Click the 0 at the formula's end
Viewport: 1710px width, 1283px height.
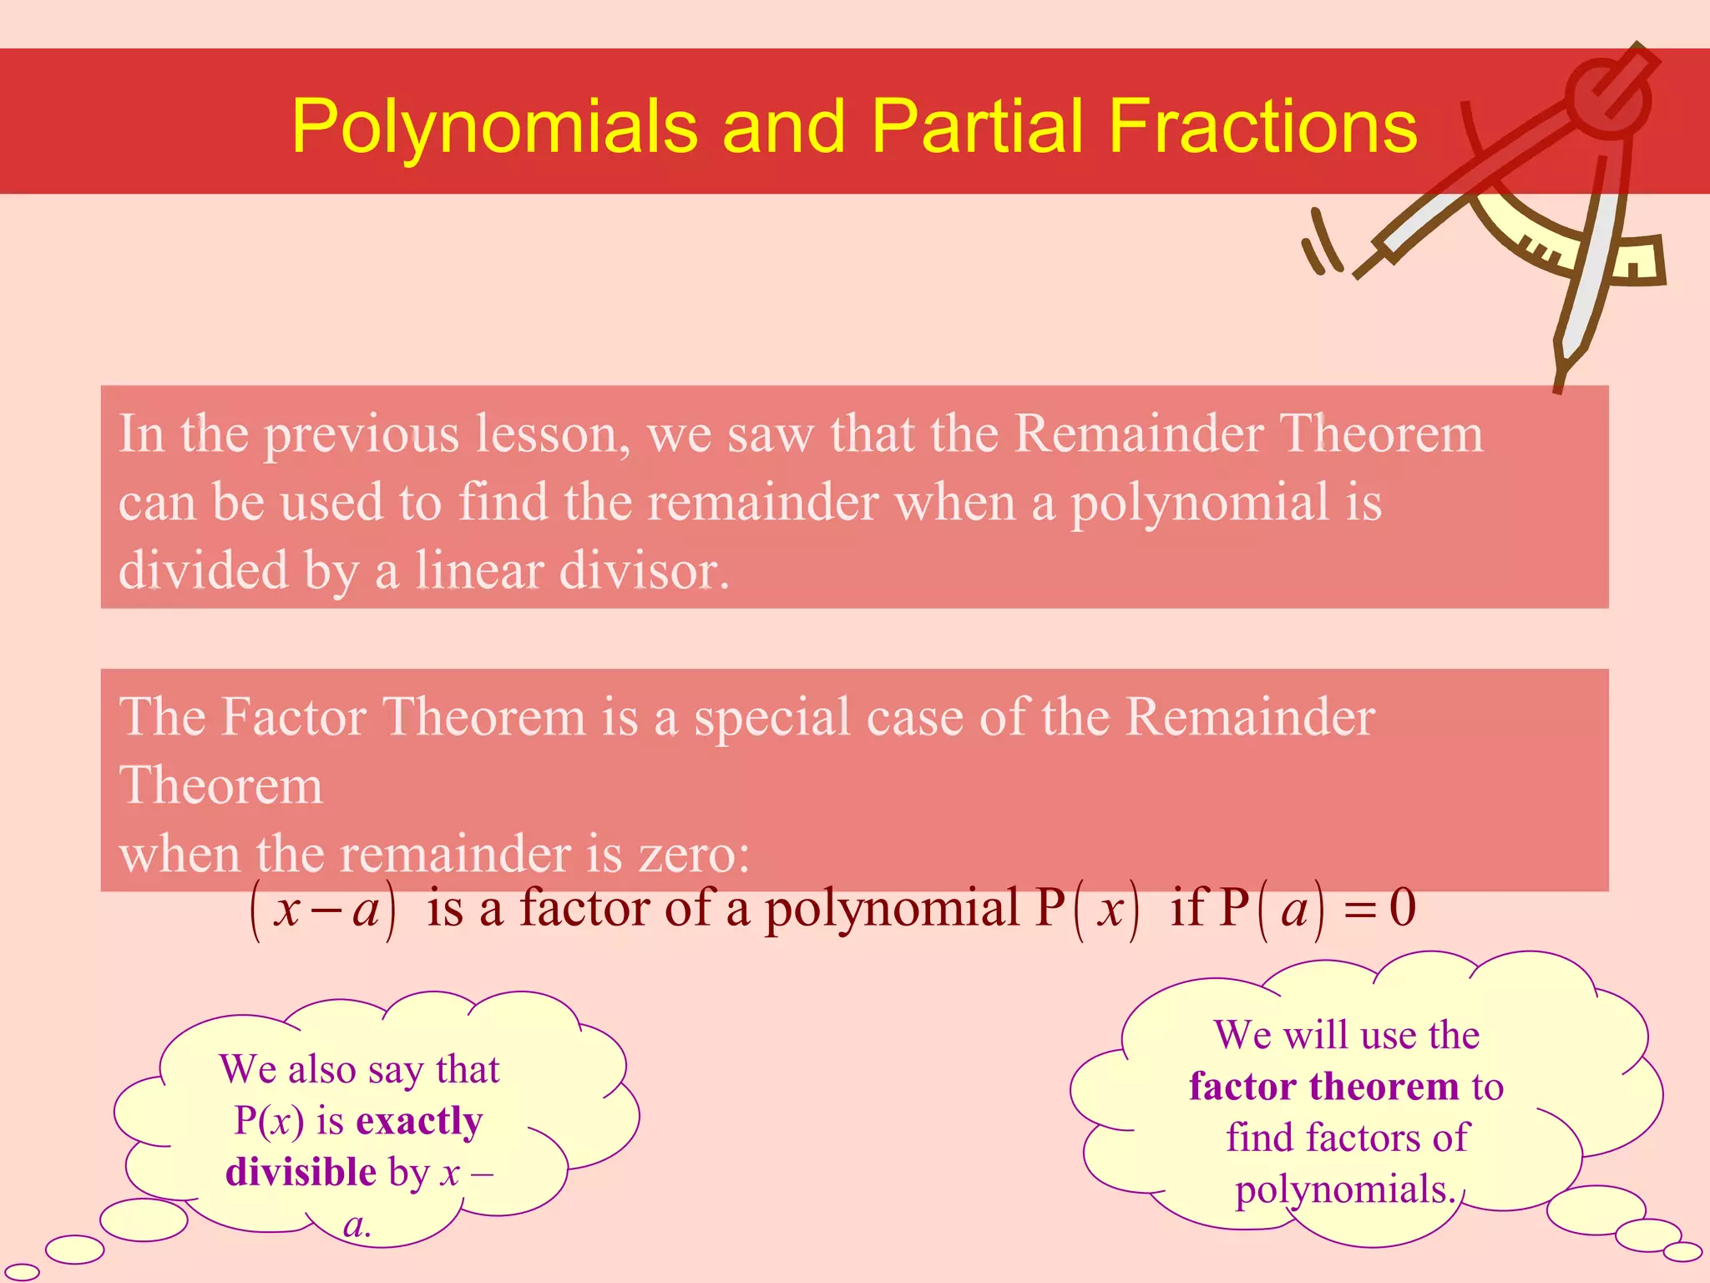pyautogui.click(x=1403, y=908)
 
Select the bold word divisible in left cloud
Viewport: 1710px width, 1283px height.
pyautogui.click(x=301, y=1172)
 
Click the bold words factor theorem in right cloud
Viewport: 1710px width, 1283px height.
pyautogui.click(x=1323, y=1087)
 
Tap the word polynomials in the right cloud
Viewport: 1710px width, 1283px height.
pyautogui.click(x=1344, y=1189)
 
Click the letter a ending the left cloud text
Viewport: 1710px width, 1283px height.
pyautogui.click(x=354, y=1225)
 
